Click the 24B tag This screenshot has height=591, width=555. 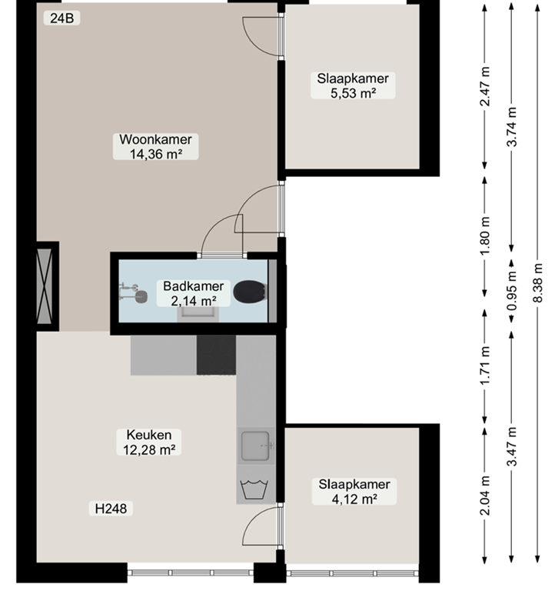tap(61, 18)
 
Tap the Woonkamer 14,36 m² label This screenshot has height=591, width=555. tap(155, 146)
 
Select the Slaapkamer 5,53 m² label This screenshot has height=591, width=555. tap(353, 85)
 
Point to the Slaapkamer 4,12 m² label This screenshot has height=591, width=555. tap(354, 491)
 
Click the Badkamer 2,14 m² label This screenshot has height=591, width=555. tap(193, 293)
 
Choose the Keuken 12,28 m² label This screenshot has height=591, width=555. tap(149, 442)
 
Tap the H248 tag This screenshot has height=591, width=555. tap(111, 509)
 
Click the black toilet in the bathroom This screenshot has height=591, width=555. tap(250, 292)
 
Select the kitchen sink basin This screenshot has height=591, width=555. tap(255, 446)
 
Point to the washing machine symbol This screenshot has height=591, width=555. tap(254, 489)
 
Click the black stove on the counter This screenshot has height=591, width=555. tap(217, 355)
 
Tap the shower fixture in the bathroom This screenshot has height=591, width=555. tap(133, 293)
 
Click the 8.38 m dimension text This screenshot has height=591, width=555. tap(537, 282)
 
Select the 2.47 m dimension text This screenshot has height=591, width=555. tap(485, 86)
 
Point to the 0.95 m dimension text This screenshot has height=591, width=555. tap(512, 291)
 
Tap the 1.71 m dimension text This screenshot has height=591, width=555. tap(485, 366)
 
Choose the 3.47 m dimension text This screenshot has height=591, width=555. tap(512, 446)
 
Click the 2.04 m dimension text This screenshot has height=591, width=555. tap(485, 496)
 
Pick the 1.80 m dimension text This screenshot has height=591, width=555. tap(485, 236)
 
